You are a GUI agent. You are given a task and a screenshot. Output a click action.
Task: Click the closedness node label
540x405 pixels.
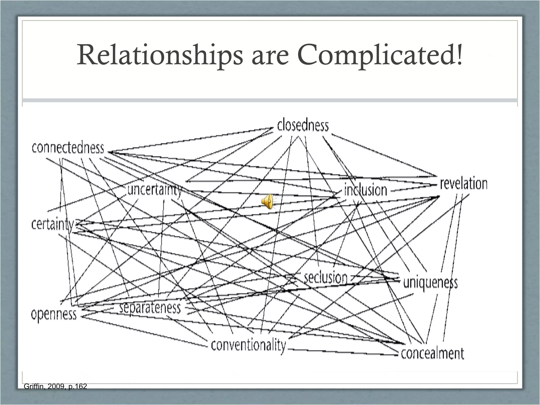click(303, 126)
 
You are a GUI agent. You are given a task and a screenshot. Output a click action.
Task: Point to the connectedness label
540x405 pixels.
click(68, 148)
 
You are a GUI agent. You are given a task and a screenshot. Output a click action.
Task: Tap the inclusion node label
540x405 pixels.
click(366, 190)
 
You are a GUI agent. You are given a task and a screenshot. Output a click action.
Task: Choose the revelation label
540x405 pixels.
click(464, 184)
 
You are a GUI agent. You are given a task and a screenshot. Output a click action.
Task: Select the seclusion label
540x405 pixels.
click(326, 278)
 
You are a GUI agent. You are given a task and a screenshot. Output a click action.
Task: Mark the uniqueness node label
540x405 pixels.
click(430, 283)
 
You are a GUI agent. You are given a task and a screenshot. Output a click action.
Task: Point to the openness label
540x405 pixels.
click(54, 315)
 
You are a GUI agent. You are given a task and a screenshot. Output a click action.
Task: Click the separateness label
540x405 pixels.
click(150, 308)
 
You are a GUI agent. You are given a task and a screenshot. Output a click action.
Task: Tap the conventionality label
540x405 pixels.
click(248, 345)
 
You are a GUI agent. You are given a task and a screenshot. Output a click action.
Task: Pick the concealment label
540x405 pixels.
click(432, 353)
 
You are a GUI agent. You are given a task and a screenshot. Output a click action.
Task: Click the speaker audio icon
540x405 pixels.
click(267, 202)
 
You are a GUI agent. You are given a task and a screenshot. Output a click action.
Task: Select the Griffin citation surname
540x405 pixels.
click(32, 387)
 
